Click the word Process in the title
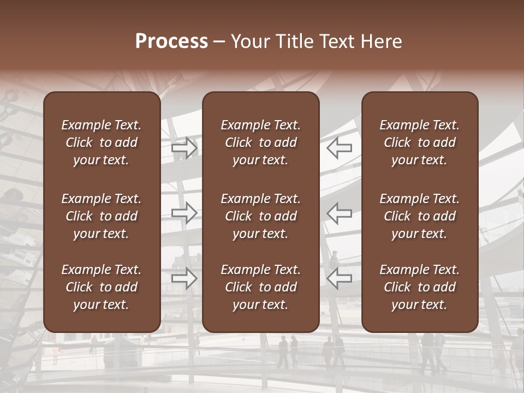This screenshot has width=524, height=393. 171,41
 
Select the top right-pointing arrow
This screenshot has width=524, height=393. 184,147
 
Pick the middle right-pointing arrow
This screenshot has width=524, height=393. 184,213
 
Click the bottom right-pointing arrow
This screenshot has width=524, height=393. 184,278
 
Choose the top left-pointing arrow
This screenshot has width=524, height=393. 339,147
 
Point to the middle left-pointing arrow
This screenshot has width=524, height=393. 339,213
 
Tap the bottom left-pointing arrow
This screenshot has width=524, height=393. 339,278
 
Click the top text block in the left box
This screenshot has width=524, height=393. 102,142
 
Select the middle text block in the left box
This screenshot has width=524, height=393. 102,216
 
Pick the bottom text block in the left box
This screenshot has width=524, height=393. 102,287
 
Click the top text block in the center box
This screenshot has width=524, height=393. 260,142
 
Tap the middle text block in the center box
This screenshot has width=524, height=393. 260,216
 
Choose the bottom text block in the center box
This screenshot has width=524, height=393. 260,287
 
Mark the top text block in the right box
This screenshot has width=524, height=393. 419,142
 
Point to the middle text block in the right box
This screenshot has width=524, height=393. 419,216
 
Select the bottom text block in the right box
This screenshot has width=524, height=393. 419,287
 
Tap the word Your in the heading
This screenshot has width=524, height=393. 250,41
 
